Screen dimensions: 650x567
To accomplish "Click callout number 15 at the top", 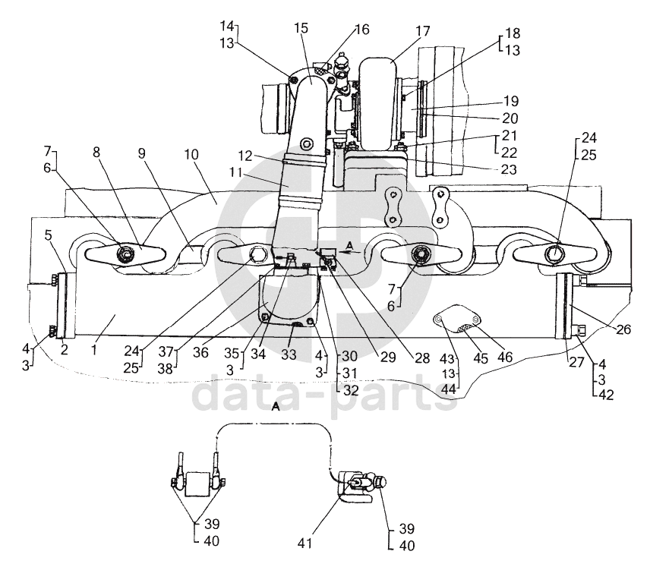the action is point(301,28).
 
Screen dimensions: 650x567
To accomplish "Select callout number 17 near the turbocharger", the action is point(423,31).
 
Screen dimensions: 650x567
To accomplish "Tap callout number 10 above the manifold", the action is point(191,155).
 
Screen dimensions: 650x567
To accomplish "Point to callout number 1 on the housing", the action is point(94,350).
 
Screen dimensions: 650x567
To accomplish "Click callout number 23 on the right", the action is point(509,169).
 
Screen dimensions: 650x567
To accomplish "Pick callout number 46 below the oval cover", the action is point(504,357).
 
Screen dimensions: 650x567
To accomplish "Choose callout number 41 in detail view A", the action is point(304,543).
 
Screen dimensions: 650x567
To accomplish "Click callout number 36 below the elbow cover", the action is point(200,352).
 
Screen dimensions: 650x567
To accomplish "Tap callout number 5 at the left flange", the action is point(49,235).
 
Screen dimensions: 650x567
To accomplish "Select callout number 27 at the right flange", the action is point(576,362).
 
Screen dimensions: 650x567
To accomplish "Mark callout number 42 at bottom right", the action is point(606,395).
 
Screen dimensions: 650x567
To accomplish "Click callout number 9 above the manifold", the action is point(142,154).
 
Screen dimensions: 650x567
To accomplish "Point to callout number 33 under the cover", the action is point(289,354).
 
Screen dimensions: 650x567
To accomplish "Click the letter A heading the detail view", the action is point(276,408).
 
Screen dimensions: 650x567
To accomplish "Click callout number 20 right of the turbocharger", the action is point(510,118).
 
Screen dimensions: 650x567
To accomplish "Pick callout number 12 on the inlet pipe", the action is point(245,156).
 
